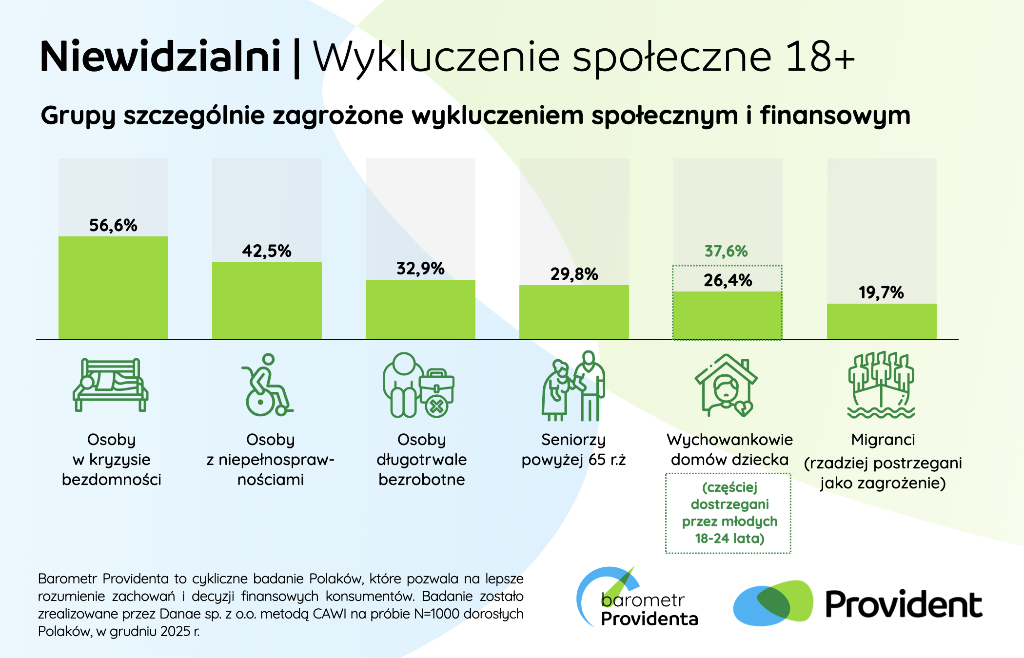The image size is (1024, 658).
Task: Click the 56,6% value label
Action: click(113, 225)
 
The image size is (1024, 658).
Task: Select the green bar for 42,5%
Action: click(267, 301)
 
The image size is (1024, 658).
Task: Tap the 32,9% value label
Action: click(420, 269)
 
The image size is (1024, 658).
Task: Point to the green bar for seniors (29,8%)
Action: click(574, 312)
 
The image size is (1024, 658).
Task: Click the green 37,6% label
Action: click(726, 252)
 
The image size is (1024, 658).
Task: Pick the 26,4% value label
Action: click(728, 280)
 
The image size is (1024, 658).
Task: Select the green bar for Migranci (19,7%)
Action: click(882, 322)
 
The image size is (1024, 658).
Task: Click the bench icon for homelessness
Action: click(111, 385)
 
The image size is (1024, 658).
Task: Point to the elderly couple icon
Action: click(573, 386)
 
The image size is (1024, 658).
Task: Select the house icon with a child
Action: click(726, 386)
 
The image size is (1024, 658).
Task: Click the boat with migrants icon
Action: click(881, 385)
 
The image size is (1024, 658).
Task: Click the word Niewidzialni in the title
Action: click(160, 57)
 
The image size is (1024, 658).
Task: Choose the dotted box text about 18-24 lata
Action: click(729, 513)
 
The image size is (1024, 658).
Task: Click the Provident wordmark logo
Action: click(903, 604)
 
